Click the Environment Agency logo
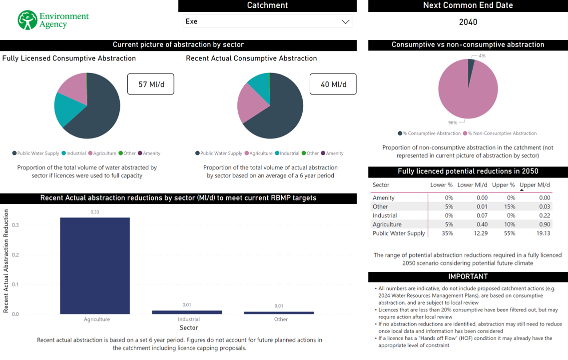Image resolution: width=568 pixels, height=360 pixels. pyautogui.click(x=53, y=20)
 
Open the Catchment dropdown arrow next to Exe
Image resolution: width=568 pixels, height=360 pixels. pyautogui.click(x=345, y=21)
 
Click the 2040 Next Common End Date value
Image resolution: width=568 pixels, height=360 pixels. pyautogui.click(x=468, y=22)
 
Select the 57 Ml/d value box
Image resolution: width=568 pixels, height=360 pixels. pyautogui.click(x=150, y=84)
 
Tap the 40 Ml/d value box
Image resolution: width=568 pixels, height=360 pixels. pyautogui.click(x=333, y=84)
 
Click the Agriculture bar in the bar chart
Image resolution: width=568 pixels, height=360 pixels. pyautogui.click(x=95, y=265)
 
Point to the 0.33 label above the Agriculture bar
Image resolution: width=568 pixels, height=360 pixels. pyautogui.click(x=95, y=212)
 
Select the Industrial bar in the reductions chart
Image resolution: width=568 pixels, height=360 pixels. pyautogui.click(x=187, y=312)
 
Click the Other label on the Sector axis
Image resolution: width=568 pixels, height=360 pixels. pyautogui.click(x=281, y=319)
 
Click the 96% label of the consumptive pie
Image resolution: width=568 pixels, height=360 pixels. pyautogui.click(x=453, y=122)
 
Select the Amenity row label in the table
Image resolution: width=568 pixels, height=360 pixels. pyautogui.click(x=384, y=198)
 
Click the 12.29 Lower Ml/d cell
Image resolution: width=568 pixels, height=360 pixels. pyautogui.click(x=480, y=233)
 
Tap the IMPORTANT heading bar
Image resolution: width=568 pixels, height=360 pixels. pyautogui.click(x=468, y=276)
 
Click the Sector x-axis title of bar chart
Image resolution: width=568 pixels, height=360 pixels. pyautogui.click(x=189, y=328)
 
